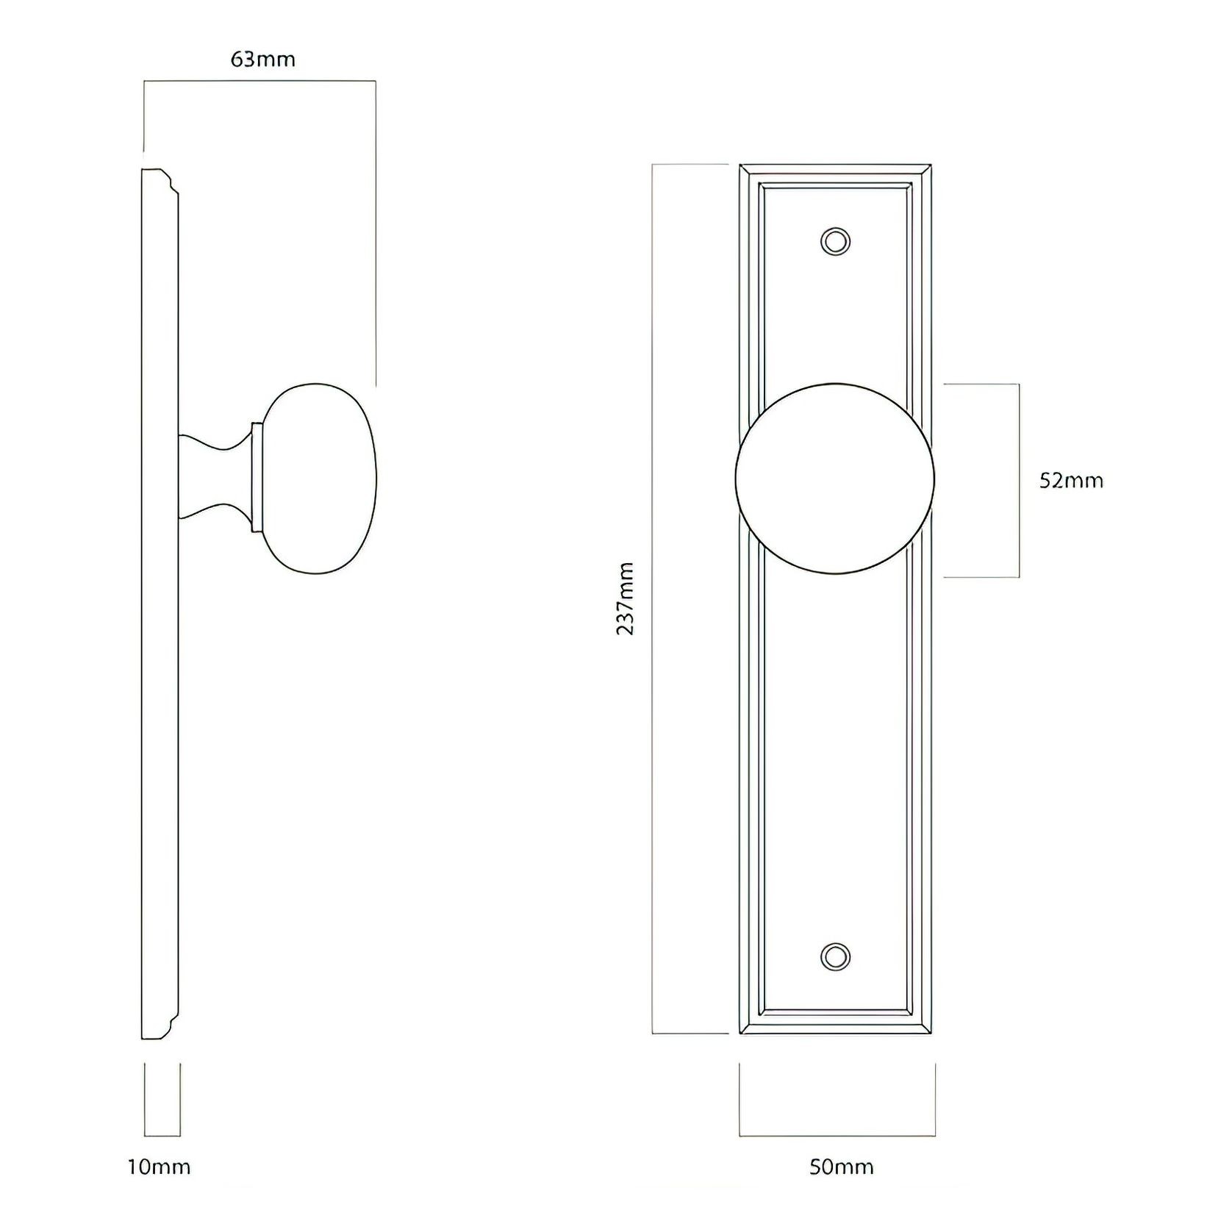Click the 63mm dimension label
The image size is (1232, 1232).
click(x=262, y=60)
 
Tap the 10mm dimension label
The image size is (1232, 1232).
click(x=159, y=1167)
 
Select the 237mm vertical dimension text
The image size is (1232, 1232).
click(x=625, y=598)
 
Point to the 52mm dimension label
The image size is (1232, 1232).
click(x=1071, y=481)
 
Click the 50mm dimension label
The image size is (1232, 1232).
click(x=841, y=1167)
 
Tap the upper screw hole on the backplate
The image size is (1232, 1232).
click(x=835, y=241)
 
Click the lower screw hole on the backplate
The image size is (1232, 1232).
click(x=835, y=956)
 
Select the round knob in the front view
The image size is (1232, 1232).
click(x=835, y=478)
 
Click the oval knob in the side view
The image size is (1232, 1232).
click(x=320, y=478)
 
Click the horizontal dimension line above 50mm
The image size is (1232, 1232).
click(x=837, y=1136)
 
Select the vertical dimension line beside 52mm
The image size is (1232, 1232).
click(x=1019, y=481)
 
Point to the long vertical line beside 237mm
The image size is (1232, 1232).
click(x=653, y=598)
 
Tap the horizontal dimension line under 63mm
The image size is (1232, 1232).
click(x=259, y=81)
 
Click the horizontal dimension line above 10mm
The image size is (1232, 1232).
click(x=162, y=1136)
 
